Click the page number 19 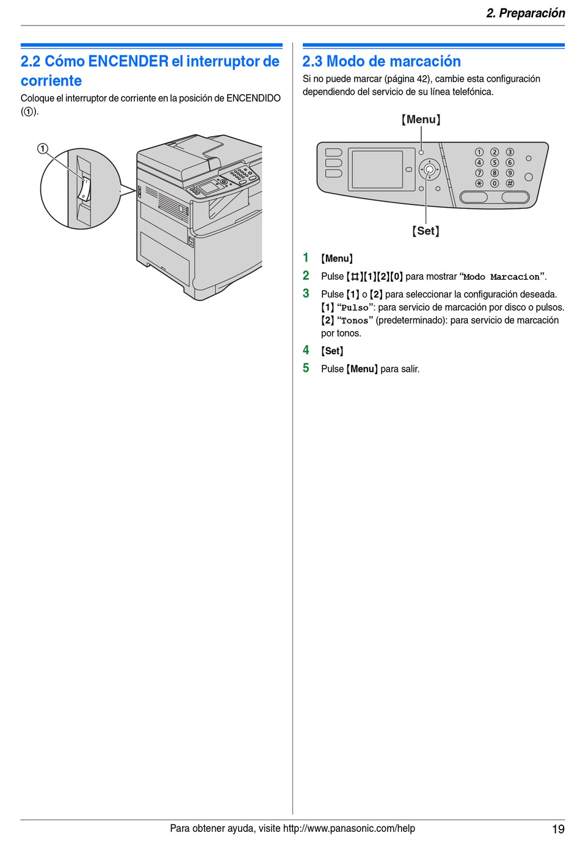click(x=558, y=829)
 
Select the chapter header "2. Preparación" click(x=525, y=13)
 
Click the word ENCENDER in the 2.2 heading click(x=128, y=61)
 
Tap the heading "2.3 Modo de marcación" click(x=382, y=61)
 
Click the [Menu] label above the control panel click(x=421, y=119)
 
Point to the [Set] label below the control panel click(x=426, y=231)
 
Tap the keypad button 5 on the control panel click(x=495, y=162)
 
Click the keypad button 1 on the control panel click(x=479, y=152)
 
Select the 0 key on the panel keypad click(x=495, y=183)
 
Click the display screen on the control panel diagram click(x=377, y=169)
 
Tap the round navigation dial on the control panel click(x=430, y=169)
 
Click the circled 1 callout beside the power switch click(x=42, y=148)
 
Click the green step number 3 click(x=306, y=294)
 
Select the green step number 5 click(x=306, y=368)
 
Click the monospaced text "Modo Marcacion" click(x=501, y=277)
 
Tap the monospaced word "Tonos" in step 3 click(x=355, y=321)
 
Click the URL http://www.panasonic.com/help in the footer click(x=349, y=828)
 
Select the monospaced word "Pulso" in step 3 click(x=355, y=308)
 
